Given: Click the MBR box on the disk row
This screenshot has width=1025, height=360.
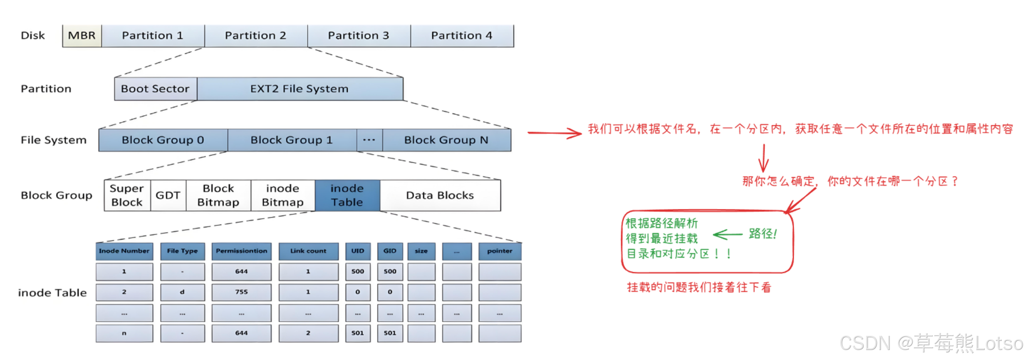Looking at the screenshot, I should coord(82,36).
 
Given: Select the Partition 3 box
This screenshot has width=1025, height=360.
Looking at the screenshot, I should coord(359,36).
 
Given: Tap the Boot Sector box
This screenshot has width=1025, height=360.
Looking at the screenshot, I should coord(155,89).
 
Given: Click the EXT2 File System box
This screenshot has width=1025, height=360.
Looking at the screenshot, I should coord(300,89).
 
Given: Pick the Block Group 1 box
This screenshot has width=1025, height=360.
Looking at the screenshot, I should coord(292,140).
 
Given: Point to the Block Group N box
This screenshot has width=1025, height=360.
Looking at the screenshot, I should coord(446,140).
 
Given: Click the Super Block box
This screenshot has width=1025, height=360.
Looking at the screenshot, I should coord(127,195).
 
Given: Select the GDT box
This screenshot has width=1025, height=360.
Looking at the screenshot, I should coord(168,195).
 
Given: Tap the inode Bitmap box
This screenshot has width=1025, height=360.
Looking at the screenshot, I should coord(282,195).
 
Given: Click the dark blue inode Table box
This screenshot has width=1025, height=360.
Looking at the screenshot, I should coord(347,195).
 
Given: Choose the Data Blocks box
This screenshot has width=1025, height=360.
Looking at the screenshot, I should coord(440,195).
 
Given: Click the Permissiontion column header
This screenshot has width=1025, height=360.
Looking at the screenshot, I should coord(241,251).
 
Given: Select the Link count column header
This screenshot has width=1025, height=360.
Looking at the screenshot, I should coord(308,251).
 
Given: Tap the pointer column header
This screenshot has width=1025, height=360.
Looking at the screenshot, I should coord(500,251).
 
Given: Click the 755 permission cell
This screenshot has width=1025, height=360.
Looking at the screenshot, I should coord(241,292).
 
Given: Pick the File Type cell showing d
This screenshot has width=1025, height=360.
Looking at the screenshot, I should coord(182,292).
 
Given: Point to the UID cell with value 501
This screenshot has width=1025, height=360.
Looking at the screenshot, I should coord(357,333).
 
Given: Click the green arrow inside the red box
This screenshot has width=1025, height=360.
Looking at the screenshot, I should coord(728,235).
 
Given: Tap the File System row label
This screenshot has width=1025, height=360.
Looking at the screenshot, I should coord(54,140).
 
